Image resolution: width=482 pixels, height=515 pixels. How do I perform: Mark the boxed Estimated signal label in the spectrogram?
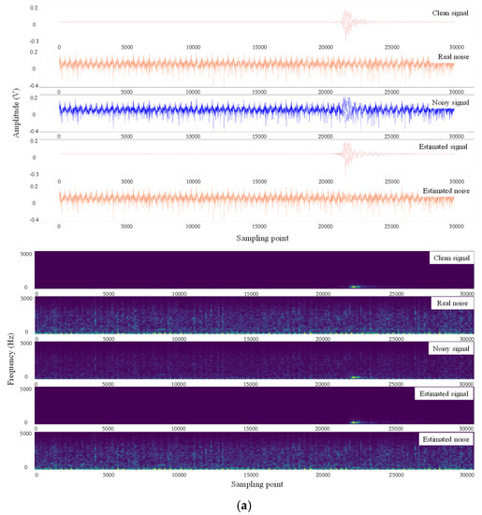[x=446, y=394]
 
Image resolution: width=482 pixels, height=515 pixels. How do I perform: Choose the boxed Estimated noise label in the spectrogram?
[x=447, y=438]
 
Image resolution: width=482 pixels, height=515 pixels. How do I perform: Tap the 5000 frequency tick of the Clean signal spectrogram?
[x=26, y=255]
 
